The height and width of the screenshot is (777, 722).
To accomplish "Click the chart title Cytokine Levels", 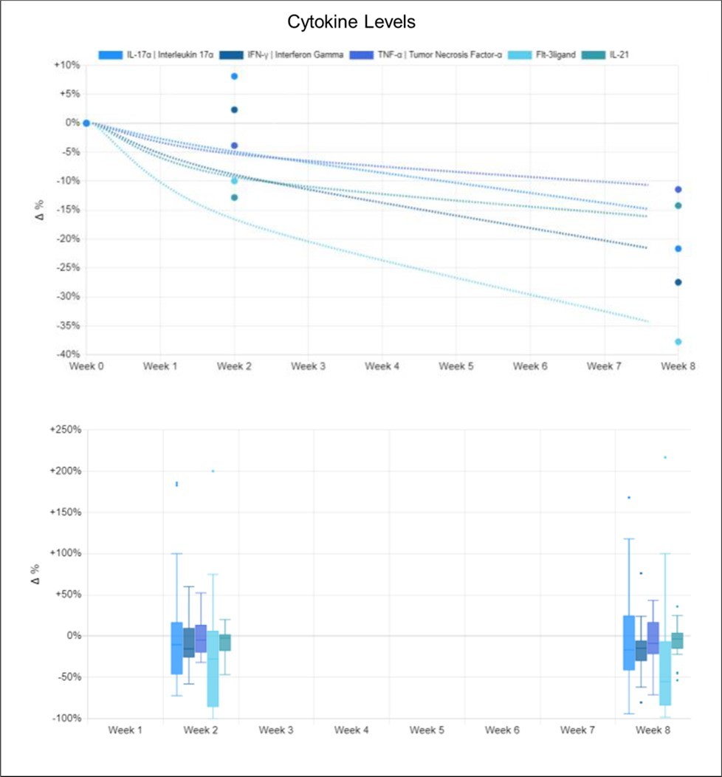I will [x=360, y=22].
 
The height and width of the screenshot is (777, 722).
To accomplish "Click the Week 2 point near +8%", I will [x=234, y=76].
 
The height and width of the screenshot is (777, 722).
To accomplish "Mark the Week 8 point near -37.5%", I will [x=678, y=341].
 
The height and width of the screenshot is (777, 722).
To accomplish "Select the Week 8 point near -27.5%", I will [x=678, y=282].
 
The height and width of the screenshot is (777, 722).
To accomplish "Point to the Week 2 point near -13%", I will [x=234, y=197].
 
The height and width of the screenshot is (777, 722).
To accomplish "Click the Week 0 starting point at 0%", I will [x=86, y=123].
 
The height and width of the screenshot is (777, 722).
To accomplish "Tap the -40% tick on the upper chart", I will [x=67, y=355].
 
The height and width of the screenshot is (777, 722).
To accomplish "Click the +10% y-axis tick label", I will [x=66, y=65].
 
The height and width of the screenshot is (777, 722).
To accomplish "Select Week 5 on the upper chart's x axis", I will [x=455, y=366].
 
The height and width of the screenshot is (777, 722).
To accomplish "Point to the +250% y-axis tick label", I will [x=63, y=430].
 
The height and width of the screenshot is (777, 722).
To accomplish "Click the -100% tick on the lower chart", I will [x=65, y=719].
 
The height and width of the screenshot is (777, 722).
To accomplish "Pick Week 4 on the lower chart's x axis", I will [x=351, y=730].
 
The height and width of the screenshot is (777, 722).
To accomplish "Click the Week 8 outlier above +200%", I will [x=665, y=457].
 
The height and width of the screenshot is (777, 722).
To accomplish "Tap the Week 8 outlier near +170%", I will [x=629, y=497].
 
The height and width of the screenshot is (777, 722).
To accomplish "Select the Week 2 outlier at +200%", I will [x=213, y=470].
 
